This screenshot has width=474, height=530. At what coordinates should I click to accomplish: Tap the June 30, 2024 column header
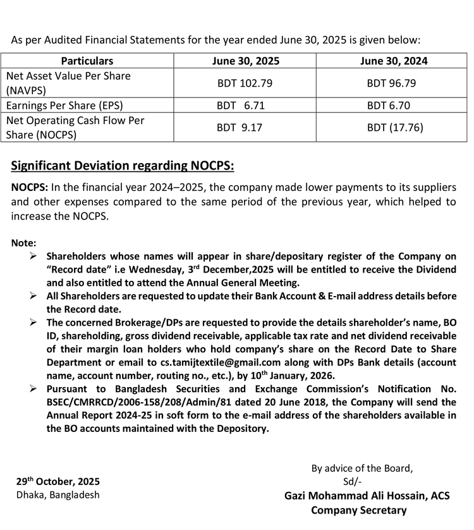coord(394,61)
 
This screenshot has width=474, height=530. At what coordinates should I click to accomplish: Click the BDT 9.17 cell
coord(240,127)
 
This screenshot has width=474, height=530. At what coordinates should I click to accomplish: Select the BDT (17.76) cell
coord(395,127)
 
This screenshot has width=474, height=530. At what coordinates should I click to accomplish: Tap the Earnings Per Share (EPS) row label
coord(64,105)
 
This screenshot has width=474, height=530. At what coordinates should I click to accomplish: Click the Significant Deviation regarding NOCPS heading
coord(123,166)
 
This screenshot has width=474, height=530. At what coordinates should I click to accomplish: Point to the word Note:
coord(24,243)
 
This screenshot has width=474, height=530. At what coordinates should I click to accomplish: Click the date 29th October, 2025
coord(58,481)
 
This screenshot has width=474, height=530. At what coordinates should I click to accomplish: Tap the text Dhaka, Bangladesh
coord(58,495)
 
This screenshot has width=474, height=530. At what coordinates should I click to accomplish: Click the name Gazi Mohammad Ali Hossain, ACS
coord(367,496)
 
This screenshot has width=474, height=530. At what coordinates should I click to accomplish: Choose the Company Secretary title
coord(359,510)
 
